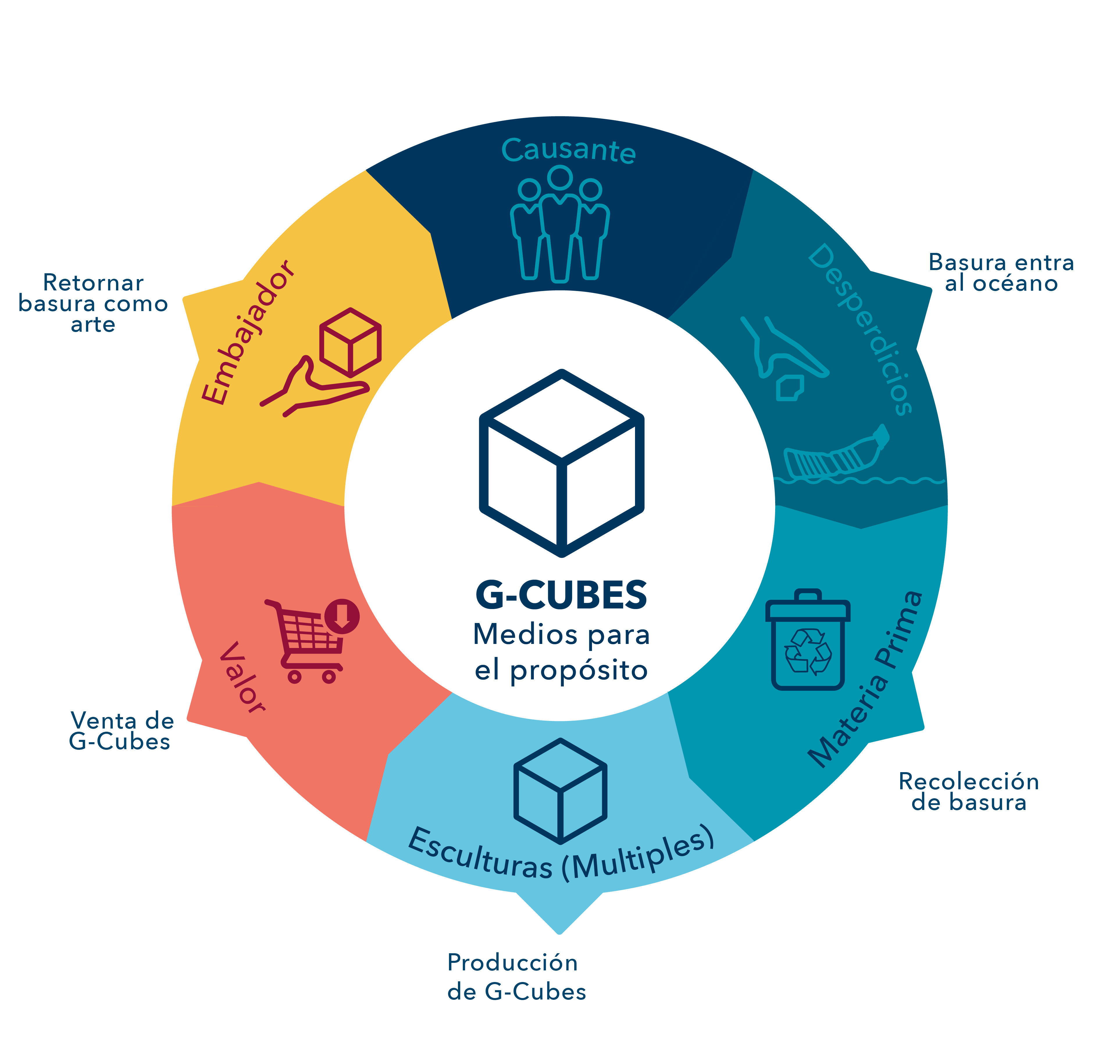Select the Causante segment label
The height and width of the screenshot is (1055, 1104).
tap(568, 151)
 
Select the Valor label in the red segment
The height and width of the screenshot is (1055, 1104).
tap(242, 678)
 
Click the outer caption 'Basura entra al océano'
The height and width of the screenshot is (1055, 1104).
tap(1001, 273)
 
